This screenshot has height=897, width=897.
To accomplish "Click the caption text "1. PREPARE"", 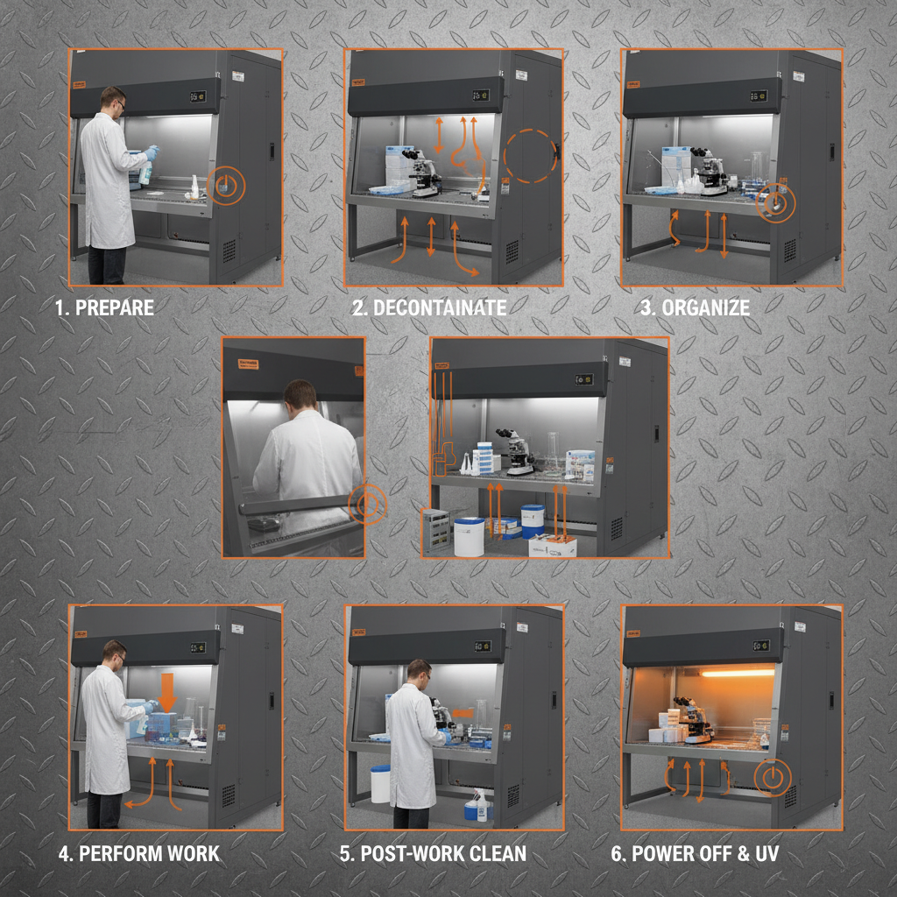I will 104,308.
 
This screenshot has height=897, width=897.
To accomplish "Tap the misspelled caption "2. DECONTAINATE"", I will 429,308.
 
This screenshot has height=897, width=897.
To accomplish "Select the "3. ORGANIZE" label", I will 706,308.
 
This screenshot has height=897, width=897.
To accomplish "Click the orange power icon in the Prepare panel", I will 227,186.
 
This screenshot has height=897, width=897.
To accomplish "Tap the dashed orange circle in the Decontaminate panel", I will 529,156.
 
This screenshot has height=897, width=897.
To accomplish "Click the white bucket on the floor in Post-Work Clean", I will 380,783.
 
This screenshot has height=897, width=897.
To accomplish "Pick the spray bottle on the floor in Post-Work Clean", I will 479,804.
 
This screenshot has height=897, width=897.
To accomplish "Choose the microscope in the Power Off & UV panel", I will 696,718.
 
